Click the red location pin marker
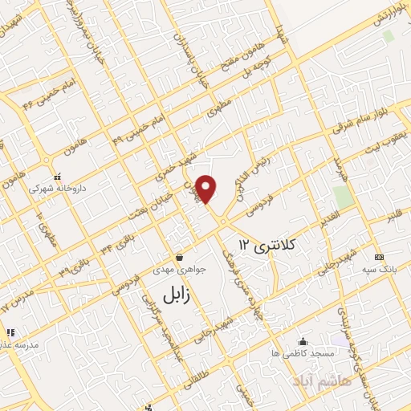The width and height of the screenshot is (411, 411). (x=207, y=188)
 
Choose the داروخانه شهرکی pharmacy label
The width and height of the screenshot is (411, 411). (x=55, y=190)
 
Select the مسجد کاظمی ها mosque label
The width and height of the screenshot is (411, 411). (x=302, y=353)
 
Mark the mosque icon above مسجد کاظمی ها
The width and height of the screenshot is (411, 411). (x=302, y=340)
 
